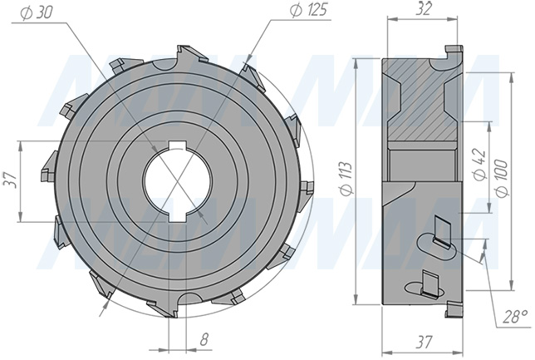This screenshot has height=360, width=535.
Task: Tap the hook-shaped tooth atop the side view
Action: click(452, 55)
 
